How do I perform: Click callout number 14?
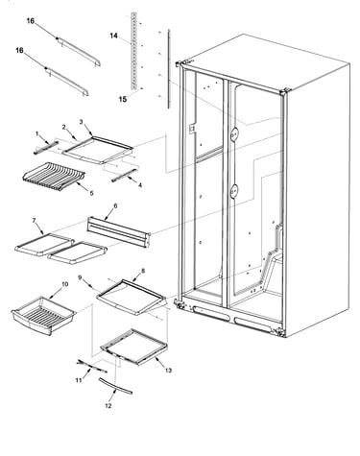pos(114,36)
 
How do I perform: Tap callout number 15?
pos(123,99)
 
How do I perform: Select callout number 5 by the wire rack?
pos(92,193)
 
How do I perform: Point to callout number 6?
pos(115,206)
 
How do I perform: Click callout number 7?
pos(34,220)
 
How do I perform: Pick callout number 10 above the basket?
pos(64,284)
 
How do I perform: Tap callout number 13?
pos(168,371)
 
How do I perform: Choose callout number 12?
pos(108,406)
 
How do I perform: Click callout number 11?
pos(79,380)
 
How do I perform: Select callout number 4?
pos(140,185)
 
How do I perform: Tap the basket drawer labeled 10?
pos(43,315)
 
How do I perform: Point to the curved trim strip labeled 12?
pos(115,386)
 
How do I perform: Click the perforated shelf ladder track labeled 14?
pos(133,51)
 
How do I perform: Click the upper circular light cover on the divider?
pos(234,132)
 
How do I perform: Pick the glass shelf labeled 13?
pos(134,348)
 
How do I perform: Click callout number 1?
pos(36,133)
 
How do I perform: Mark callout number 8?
pos(143,271)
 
